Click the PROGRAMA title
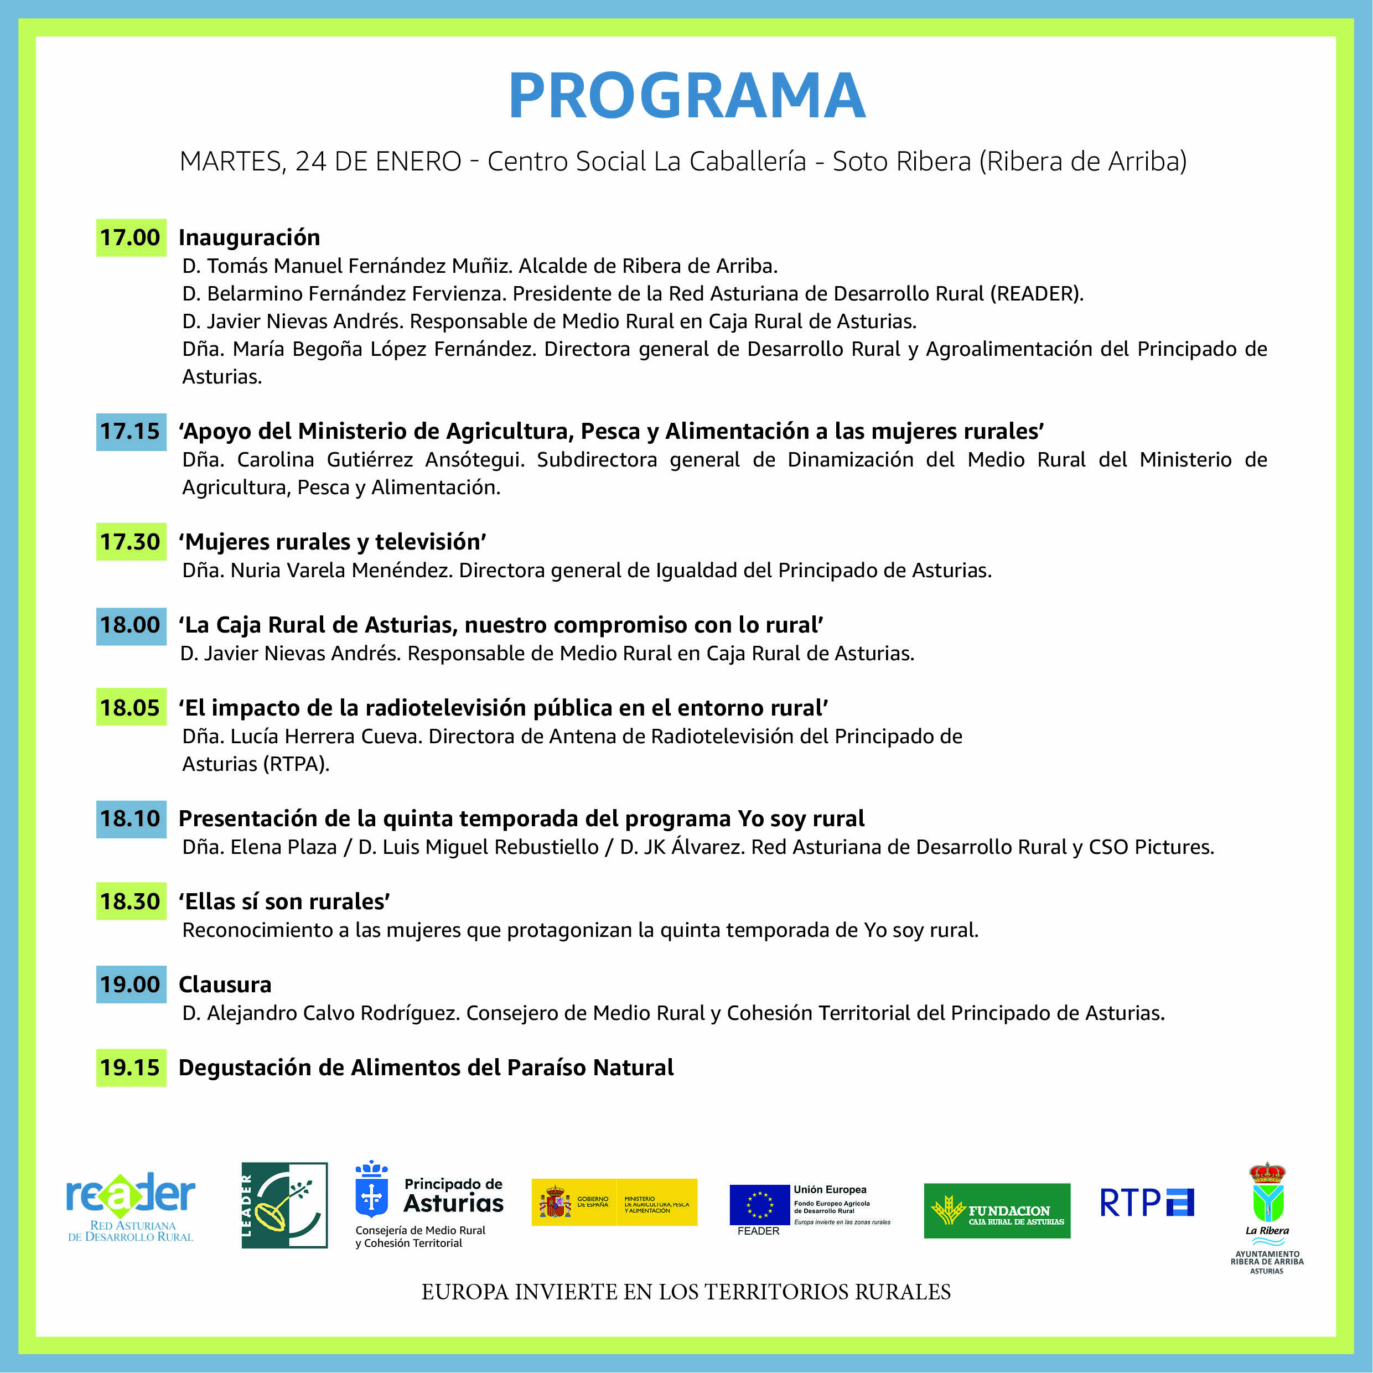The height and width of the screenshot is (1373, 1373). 686,96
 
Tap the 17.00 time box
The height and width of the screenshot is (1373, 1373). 131,237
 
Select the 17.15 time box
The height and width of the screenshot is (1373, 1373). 131,431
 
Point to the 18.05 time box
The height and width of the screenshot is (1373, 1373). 131,708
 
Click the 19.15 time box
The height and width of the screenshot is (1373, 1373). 131,1068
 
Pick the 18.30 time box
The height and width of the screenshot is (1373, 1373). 131,901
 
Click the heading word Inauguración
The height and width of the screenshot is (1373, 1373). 248,237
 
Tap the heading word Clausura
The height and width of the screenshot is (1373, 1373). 225,985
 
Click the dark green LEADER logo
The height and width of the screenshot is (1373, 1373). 284,1205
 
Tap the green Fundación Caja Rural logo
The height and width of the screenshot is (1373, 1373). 996,1211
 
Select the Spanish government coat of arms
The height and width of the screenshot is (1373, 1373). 555,1203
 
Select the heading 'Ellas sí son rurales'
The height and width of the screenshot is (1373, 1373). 284,901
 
